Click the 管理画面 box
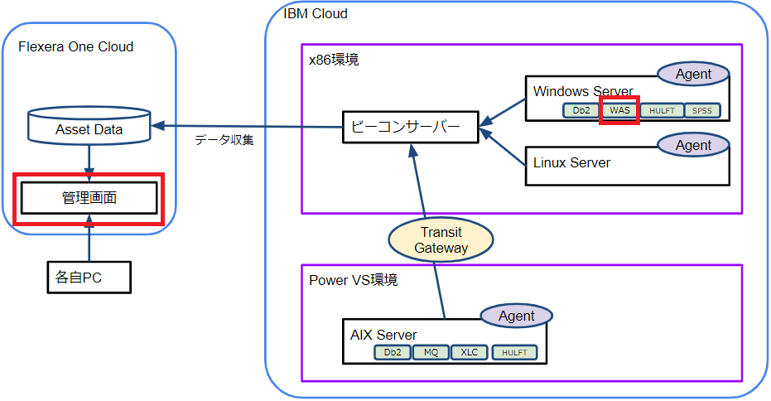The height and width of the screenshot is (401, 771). pos(88,198)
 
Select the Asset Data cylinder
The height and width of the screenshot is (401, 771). pos(89,125)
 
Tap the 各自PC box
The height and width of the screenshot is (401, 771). pos(88,277)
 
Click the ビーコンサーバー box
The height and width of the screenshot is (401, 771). pos(409,128)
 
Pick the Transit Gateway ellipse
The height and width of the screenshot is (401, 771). pos(441,240)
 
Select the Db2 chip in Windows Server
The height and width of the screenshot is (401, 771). pos(581,110)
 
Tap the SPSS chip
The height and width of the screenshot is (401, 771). pos(703,110)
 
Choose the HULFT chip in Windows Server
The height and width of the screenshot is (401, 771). pos(662,110)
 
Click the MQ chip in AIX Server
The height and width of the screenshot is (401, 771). pos(431,352)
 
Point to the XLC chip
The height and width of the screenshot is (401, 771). pos(470,352)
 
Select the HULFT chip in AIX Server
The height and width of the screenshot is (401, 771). pos(514,352)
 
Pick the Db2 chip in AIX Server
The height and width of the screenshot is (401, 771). pos(393,352)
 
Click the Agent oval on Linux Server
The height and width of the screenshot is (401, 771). pos(693,145)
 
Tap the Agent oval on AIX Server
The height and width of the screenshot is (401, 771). pos(517,316)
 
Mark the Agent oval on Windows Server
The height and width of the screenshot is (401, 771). pos(693,74)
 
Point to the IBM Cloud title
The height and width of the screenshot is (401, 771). pos(316,13)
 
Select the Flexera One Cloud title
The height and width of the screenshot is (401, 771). pos(76,46)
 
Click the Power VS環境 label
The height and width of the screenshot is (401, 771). pos(354,280)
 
